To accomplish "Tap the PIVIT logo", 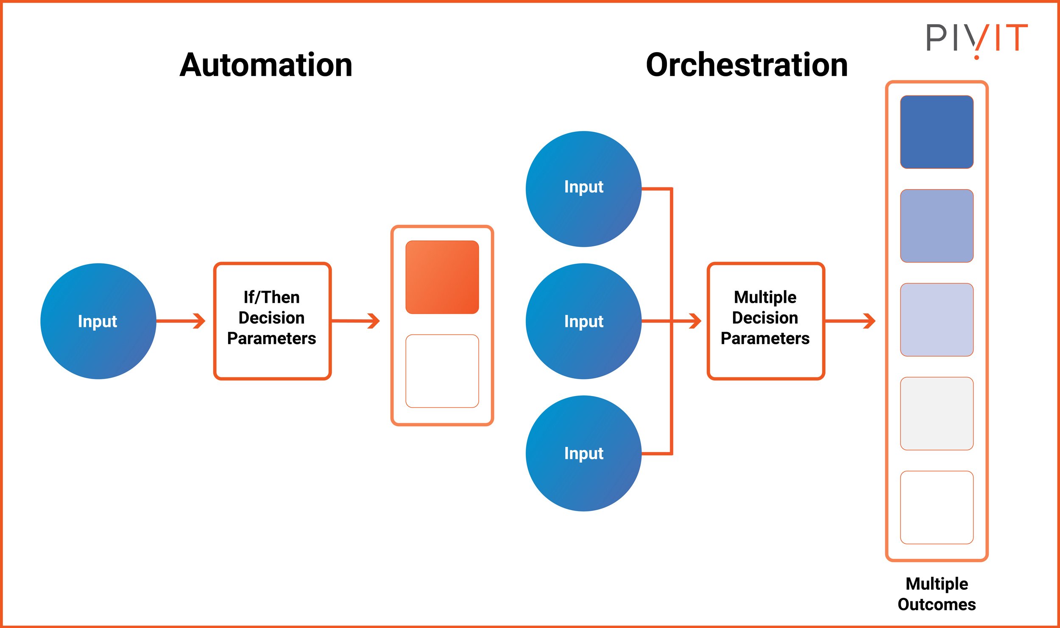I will tap(976, 39).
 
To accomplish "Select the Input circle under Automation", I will tap(98, 321).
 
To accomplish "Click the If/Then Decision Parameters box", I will tap(272, 321).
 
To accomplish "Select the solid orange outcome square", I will tap(442, 277).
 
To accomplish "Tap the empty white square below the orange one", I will tap(442, 371).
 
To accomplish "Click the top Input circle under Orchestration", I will tap(583, 189).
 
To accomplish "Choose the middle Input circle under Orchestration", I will tap(583, 321).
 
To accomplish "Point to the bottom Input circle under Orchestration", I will tap(583, 453).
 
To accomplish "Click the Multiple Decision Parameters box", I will tap(766, 321).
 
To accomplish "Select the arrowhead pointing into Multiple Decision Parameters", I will tap(695, 321).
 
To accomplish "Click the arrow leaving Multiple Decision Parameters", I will tap(851, 321).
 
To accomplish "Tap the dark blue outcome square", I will tap(937, 132).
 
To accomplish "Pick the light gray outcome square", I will tap(937, 413).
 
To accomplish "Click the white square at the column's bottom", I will tap(937, 507).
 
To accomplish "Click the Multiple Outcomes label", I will tap(937, 594).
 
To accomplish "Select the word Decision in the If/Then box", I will tap(271, 318).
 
